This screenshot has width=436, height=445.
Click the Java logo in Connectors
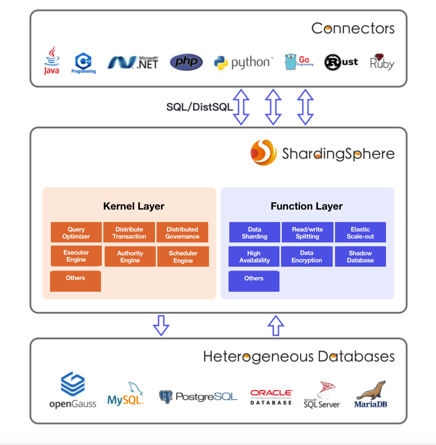52,61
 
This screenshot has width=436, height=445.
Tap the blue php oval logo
186,62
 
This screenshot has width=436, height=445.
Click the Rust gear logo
333,62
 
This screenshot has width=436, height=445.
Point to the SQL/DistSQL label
199,107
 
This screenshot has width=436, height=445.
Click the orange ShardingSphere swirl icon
263,153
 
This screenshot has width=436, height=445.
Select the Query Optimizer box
76,233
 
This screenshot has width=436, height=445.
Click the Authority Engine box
130,257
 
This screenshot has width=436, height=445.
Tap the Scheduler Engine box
183,257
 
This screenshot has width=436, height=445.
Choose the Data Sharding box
254,233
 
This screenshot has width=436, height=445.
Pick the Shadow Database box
360,257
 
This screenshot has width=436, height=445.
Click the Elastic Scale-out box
360,233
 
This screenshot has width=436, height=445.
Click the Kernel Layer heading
133,206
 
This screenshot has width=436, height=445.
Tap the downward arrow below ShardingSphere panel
161,325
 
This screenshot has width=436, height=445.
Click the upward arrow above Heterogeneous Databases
276,325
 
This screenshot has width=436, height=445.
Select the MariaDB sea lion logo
371,394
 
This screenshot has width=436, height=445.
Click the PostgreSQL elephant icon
166,397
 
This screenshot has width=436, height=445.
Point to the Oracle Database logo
271,397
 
